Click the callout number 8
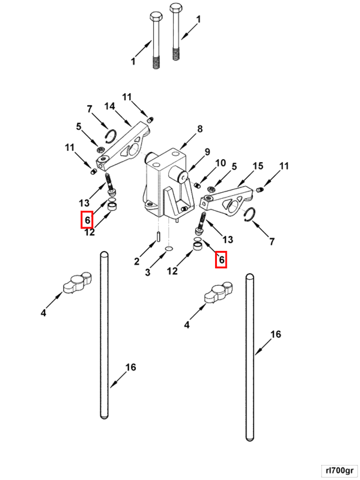coord(199,128)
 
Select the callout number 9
coord(207,152)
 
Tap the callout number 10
coord(221,163)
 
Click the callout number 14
coord(109,107)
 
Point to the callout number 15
coord(258,166)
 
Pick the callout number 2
coord(136,261)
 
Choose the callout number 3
coord(147,272)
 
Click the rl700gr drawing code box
coord(339,471)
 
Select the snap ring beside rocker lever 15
coord(248,215)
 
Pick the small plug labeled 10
coord(198,184)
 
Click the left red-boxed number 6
coord(87,220)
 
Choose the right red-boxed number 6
coord(221,259)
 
